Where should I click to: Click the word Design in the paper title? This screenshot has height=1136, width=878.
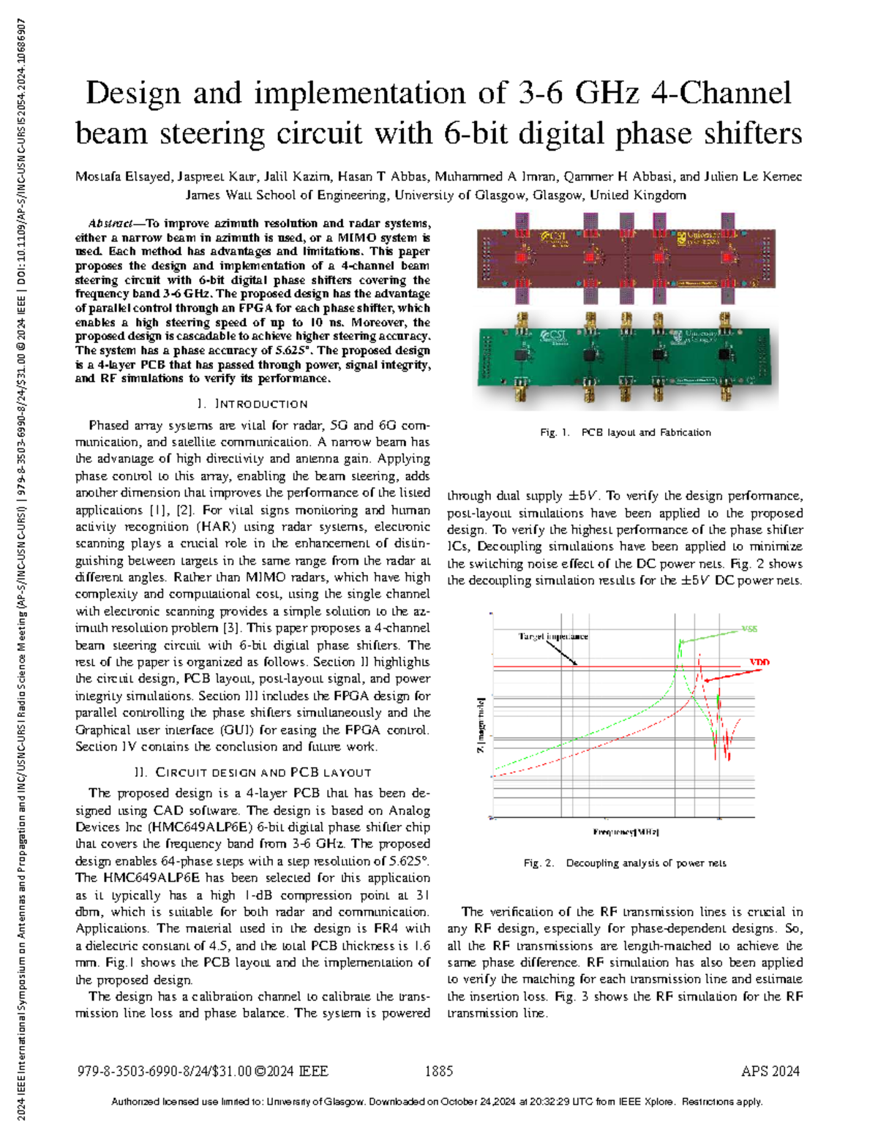[x=132, y=94]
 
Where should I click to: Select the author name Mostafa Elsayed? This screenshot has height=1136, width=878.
[x=123, y=177]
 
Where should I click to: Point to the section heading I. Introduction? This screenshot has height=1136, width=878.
[x=252, y=404]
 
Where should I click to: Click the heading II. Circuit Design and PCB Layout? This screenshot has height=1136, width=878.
[x=252, y=772]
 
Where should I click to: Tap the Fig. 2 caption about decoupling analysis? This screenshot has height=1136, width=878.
[x=625, y=863]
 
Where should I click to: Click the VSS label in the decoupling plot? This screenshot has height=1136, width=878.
[x=749, y=629]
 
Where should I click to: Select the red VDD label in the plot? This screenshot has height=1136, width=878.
[x=759, y=663]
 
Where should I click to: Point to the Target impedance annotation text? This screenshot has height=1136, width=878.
[x=553, y=636]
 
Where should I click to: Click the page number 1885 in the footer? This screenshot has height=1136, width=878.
[x=439, y=1072]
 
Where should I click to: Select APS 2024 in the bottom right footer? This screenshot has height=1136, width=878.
[x=770, y=1072]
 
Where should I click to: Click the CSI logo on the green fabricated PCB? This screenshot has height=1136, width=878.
[x=553, y=336]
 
